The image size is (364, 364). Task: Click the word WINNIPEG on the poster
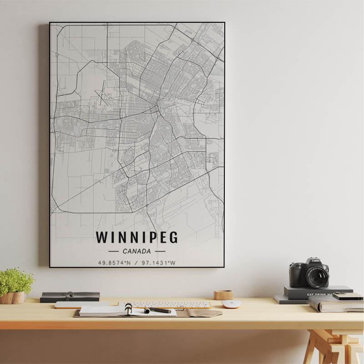[x=136, y=238]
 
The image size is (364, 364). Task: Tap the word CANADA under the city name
[x=136, y=251]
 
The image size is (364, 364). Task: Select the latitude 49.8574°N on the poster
[x=114, y=263]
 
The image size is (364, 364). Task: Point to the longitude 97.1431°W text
[x=158, y=263]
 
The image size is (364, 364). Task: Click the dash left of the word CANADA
[x=114, y=251]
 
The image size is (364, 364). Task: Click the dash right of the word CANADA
[x=160, y=251]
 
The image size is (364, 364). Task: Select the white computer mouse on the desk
[x=231, y=304]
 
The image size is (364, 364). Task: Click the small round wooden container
[x=223, y=295]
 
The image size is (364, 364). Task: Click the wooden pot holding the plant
[x=13, y=298]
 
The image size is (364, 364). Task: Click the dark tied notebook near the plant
[x=70, y=297]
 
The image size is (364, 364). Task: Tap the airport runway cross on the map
[x=103, y=93]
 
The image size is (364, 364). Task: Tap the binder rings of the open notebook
[x=128, y=309]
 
